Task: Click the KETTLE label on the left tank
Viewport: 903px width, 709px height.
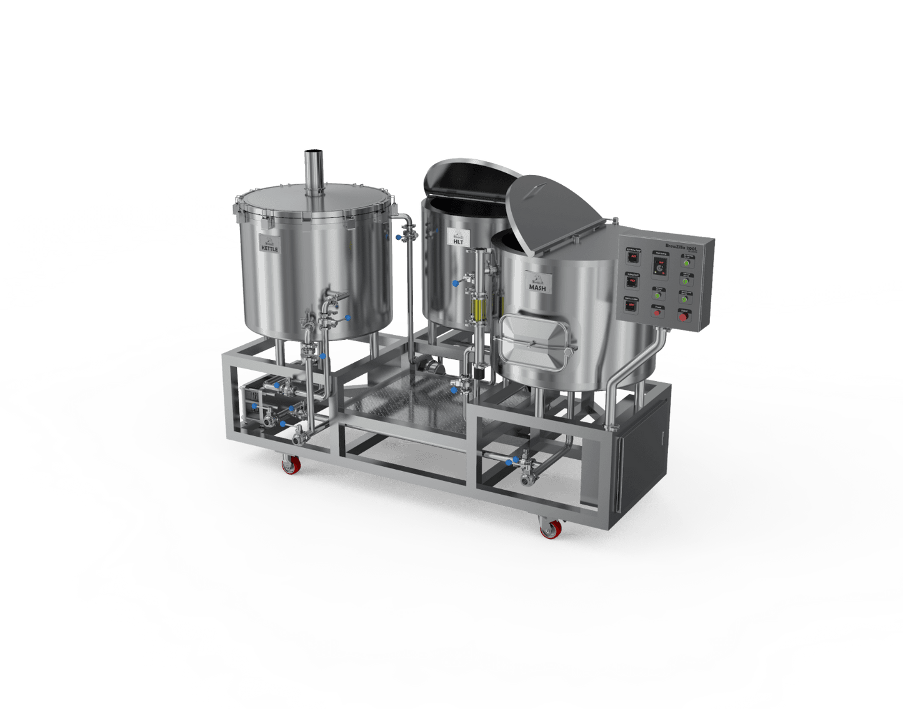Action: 270,245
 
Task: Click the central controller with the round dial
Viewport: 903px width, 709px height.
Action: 659,266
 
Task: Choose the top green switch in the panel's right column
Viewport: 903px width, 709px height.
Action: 687,262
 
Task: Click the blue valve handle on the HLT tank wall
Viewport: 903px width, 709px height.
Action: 456,283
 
